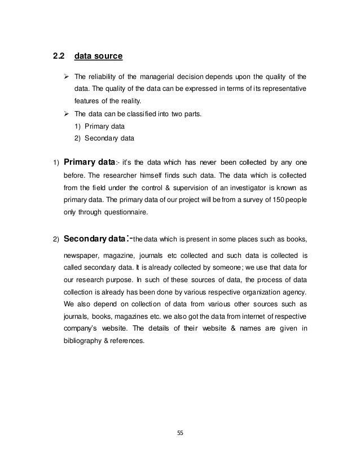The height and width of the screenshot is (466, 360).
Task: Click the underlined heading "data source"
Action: point(99,56)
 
